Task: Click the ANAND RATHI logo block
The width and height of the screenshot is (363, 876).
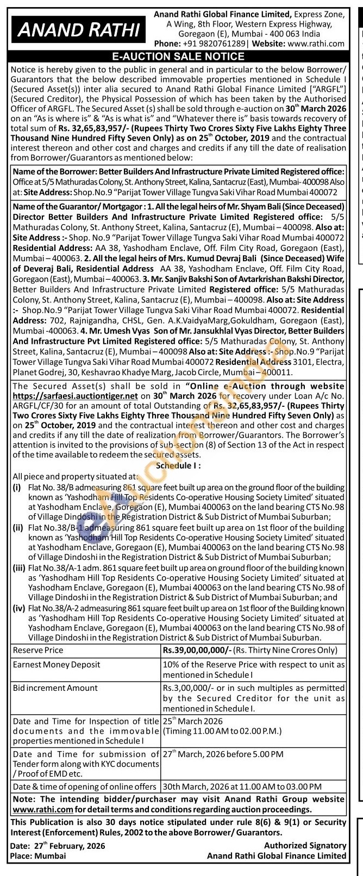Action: tap(78, 28)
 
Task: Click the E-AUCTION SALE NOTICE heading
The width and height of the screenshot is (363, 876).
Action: tap(178, 56)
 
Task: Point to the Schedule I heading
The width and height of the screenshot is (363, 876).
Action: tap(178, 465)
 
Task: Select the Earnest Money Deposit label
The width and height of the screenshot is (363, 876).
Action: tap(57, 665)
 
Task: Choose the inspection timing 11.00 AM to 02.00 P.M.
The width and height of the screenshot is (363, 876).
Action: tap(222, 731)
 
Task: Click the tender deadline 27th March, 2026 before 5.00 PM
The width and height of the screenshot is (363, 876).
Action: tap(223, 754)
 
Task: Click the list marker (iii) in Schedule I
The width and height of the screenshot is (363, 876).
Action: tap(19, 568)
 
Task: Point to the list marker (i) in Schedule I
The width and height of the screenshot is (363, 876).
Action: tap(17, 488)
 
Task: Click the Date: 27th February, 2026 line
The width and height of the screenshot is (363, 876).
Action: tap(58, 846)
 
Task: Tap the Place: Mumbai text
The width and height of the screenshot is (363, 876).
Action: tap(38, 855)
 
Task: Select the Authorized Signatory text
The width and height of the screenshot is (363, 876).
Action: tap(305, 846)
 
